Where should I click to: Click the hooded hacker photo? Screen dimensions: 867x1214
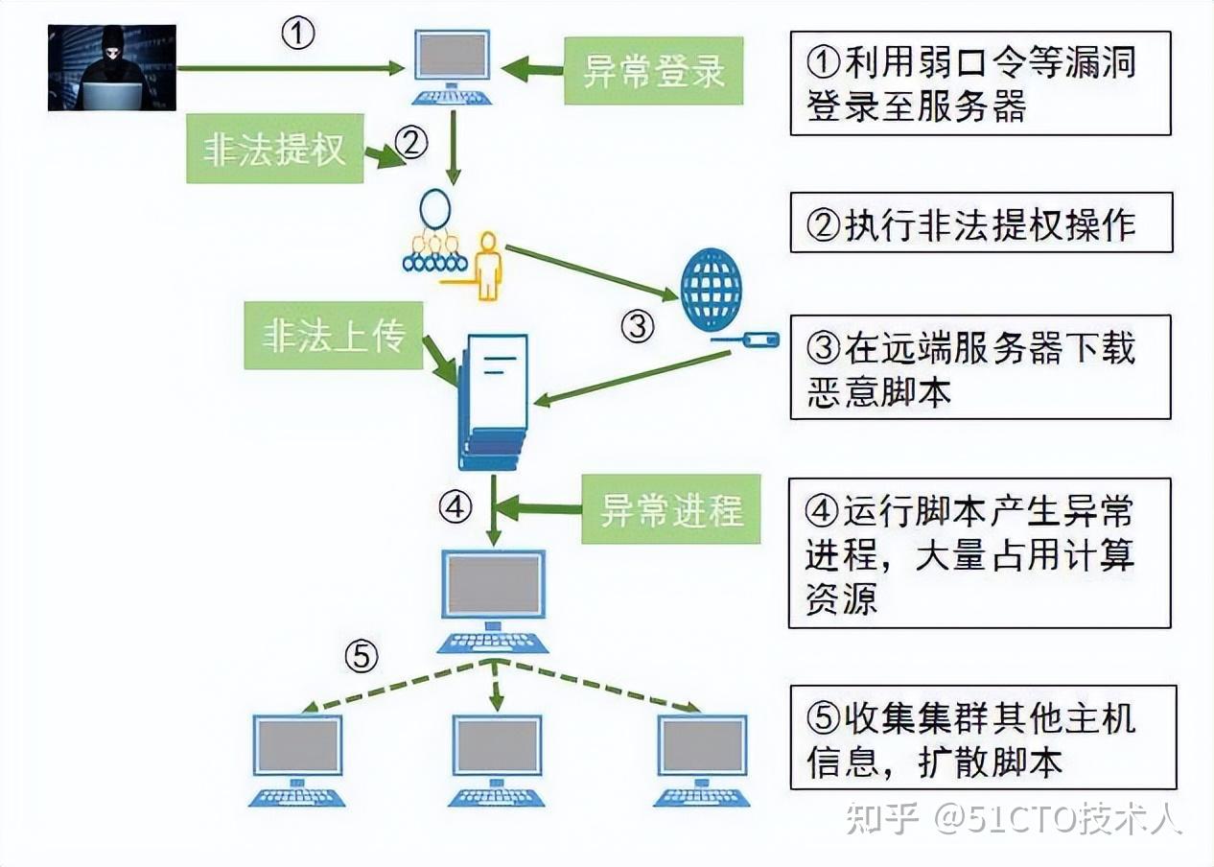112,67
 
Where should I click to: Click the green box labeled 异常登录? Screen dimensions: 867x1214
653,71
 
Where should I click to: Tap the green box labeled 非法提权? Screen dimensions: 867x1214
274,149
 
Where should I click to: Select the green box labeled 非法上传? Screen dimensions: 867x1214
333,336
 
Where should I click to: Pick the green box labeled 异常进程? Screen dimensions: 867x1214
671,509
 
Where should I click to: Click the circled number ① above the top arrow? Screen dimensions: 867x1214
297,35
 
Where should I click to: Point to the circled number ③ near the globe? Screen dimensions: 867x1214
637,327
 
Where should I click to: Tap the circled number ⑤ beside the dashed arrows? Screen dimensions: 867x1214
361,657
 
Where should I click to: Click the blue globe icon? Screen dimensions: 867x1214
711,289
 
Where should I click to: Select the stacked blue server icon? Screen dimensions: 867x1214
494,402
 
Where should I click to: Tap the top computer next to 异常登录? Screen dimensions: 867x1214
452,66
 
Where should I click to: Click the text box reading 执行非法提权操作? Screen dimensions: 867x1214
980,223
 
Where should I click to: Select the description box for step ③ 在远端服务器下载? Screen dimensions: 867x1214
980,367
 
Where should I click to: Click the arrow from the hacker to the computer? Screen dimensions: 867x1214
288,68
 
